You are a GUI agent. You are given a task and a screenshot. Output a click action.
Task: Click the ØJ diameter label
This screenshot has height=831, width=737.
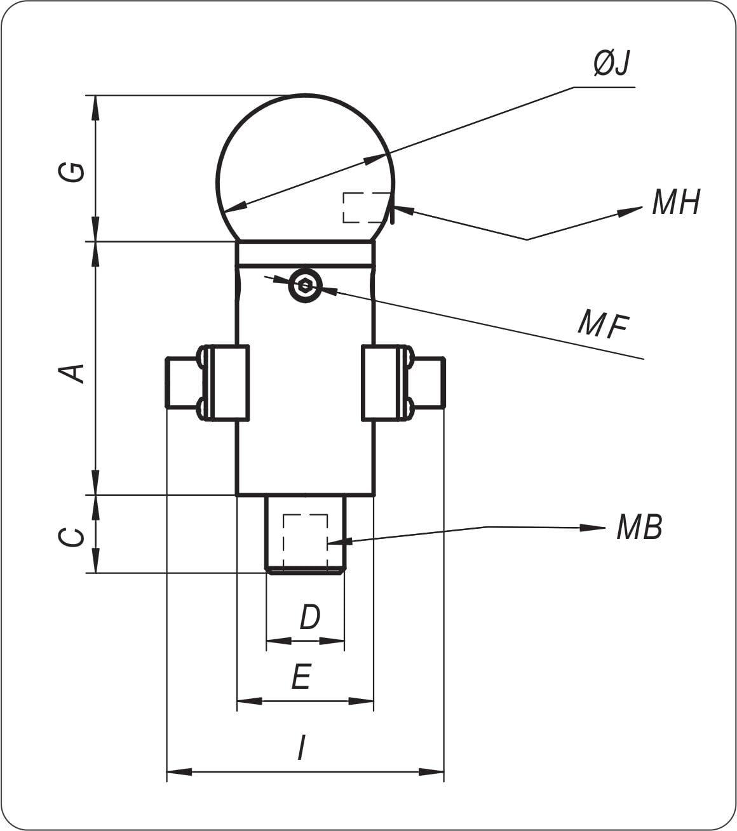coord(611,64)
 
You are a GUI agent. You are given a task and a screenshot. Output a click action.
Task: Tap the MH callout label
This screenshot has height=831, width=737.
coord(675,203)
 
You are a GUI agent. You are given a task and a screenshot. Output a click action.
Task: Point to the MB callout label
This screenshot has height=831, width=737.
coord(639,528)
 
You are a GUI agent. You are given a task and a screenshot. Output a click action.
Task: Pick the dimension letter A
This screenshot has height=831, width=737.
coord(72,373)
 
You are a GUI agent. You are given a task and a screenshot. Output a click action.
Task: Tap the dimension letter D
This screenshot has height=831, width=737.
coord(309,618)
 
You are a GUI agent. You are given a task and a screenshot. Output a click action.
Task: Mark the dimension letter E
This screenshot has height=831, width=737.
coord(301,677)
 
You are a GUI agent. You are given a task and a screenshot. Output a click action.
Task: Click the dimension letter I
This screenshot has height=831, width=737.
coord(301,748)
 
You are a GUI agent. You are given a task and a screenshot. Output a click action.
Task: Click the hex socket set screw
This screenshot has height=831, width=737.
coord(305,286)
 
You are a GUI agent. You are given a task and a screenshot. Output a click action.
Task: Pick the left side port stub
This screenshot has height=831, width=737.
coord(184,382)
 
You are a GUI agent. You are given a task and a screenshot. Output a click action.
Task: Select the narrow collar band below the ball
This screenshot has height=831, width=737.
coord(305,253)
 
